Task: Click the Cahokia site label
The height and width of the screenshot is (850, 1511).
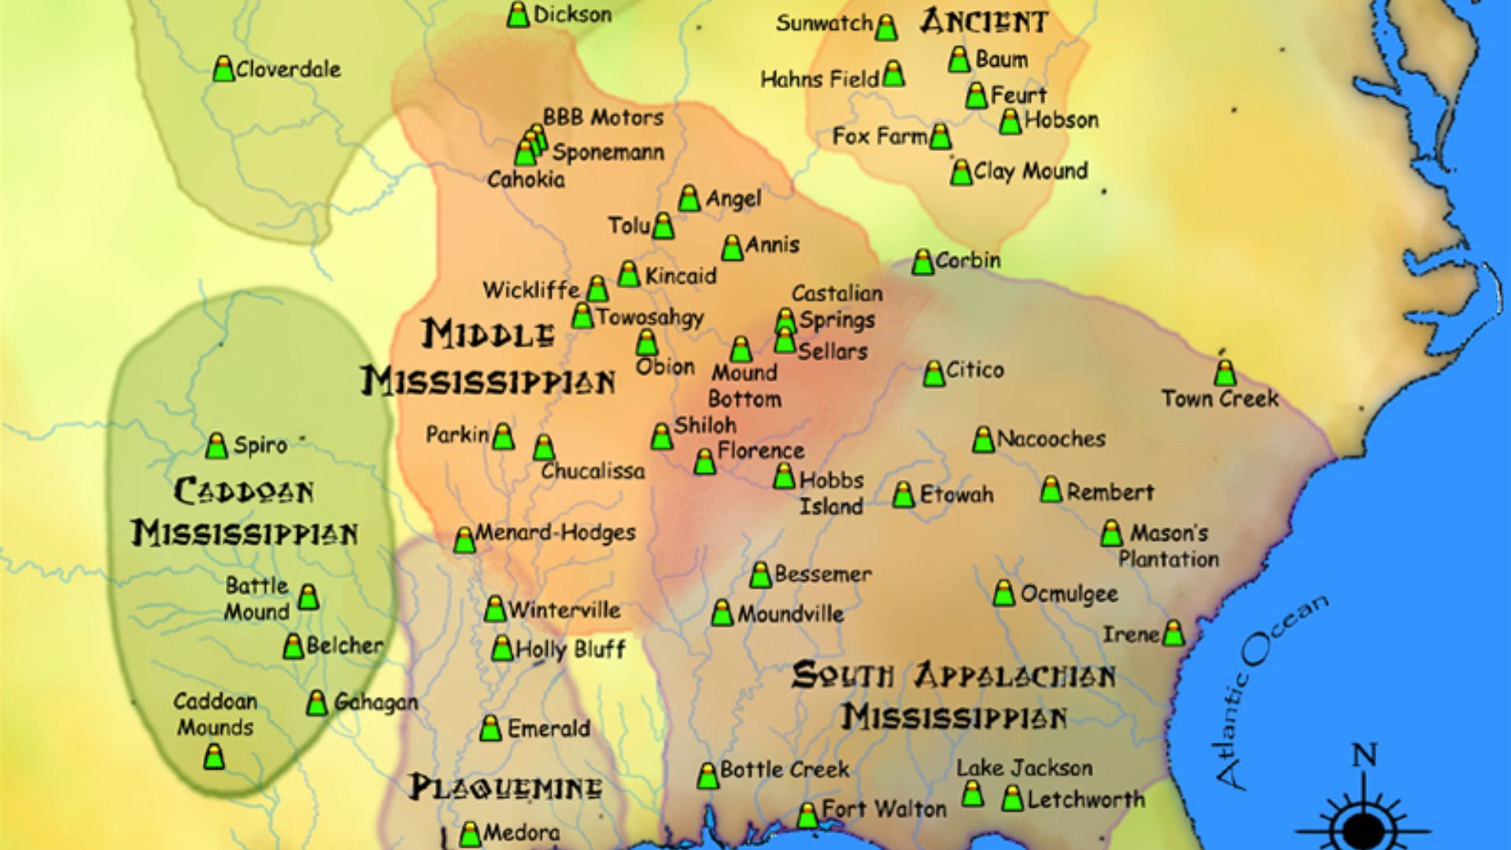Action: click(526, 179)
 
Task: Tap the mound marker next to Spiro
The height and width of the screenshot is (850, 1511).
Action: click(216, 445)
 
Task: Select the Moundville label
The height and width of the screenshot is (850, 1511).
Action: click(789, 614)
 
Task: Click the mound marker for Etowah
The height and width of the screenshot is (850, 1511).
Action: click(903, 495)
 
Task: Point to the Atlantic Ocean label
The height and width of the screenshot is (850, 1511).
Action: click(1271, 691)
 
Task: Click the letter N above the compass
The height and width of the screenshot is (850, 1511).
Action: click(1364, 756)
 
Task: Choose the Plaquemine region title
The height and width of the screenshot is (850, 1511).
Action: click(505, 788)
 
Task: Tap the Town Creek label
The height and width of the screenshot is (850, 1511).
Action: click(1220, 399)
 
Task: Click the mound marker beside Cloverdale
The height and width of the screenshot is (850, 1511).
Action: click(224, 69)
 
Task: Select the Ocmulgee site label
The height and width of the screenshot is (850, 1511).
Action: click(1069, 593)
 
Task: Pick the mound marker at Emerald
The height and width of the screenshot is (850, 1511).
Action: click(490, 729)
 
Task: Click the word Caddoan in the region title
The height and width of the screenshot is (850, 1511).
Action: click(243, 491)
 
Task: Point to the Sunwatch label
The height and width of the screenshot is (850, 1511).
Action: click(824, 24)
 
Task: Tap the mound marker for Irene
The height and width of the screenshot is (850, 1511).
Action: click(1173, 634)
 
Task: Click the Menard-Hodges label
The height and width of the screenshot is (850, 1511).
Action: click(555, 533)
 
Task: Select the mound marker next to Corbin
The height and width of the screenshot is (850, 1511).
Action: click(922, 261)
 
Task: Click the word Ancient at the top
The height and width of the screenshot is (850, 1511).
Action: click(984, 22)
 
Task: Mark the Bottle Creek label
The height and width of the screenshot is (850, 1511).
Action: click(784, 769)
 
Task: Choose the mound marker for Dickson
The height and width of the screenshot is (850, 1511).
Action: click(518, 15)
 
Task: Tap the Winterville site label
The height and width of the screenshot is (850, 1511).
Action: click(563, 610)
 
